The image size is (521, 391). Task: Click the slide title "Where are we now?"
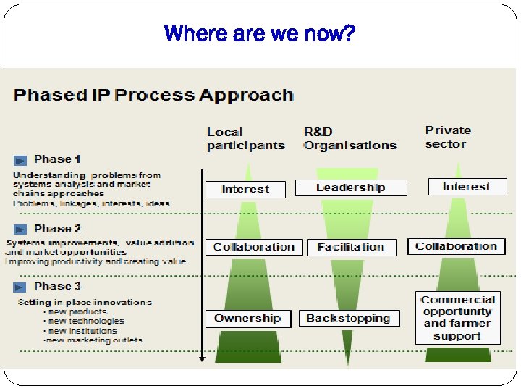[260, 33]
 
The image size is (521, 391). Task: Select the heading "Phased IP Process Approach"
[153, 96]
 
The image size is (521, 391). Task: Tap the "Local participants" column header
[245, 138]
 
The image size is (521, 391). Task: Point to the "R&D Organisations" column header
[350, 138]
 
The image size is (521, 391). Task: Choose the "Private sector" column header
[447, 137]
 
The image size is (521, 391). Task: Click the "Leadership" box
[351, 188]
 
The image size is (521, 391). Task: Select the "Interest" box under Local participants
[245, 190]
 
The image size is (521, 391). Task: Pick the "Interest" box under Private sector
[467, 187]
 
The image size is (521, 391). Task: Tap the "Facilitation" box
[351, 248]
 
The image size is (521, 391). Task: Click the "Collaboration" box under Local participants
[254, 247]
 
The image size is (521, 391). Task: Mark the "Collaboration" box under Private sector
[456, 246]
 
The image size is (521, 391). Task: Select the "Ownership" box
[247, 319]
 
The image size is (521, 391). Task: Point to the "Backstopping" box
[348, 319]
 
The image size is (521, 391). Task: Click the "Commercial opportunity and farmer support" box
[457, 318]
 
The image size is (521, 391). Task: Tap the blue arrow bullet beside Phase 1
[21, 159]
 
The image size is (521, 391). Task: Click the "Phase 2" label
[57, 229]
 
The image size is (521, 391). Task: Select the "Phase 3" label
[57, 287]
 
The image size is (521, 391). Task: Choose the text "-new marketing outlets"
[92, 340]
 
